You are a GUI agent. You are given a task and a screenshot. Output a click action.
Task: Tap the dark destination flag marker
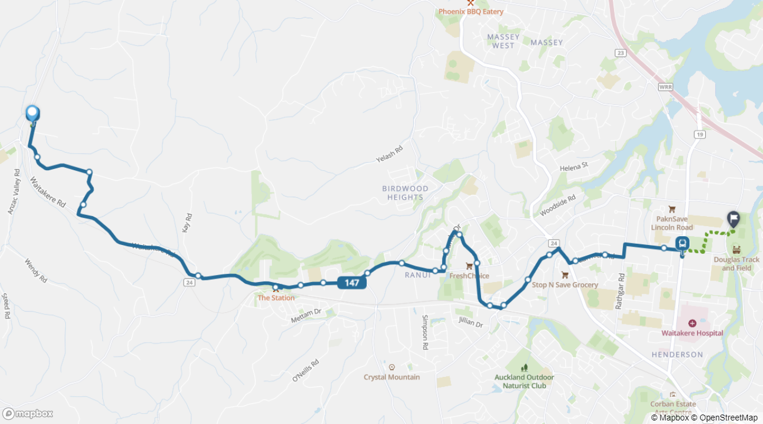point(734,219)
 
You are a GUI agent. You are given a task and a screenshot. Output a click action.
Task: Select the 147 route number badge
point(352,283)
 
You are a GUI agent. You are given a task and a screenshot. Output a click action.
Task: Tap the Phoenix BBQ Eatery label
point(470,11)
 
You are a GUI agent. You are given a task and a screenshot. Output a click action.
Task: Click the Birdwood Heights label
point(405,193)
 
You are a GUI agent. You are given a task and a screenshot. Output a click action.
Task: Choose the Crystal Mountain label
point(392,377)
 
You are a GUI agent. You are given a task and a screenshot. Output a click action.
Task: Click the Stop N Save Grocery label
point(565,284)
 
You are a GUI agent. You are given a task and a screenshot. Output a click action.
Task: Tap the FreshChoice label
point(469,276)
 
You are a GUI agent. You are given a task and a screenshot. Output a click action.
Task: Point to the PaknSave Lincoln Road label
point(672,223)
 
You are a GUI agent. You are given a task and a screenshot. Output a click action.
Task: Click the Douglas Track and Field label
point(737,264)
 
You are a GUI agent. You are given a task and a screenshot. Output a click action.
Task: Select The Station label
point(276,297)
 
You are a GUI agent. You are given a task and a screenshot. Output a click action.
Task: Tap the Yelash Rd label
point(389,155)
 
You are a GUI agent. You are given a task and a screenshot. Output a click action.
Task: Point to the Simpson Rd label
point(424,333)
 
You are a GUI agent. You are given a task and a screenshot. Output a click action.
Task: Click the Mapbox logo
point(28,413)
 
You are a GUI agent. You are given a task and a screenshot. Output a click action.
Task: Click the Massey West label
point(503,41)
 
